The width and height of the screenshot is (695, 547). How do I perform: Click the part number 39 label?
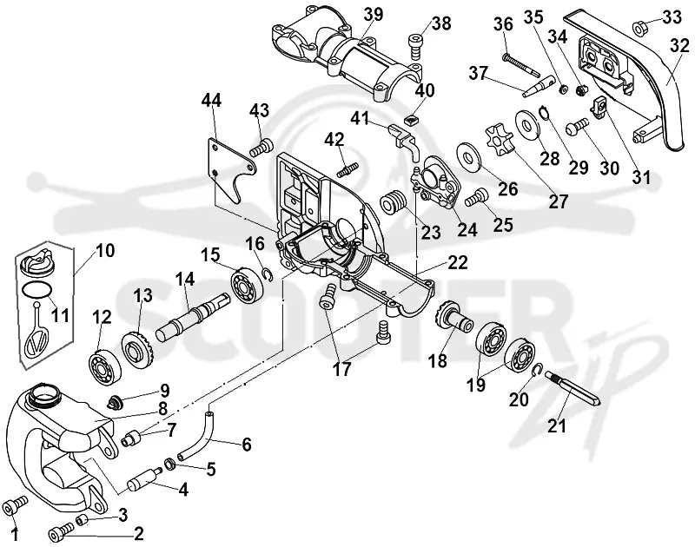[x=374, y=15]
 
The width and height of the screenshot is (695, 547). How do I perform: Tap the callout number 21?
[x=557, y=425]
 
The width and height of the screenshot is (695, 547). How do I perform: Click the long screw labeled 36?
[x=520, y=64]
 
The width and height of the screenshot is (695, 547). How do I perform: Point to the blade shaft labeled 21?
[x=573, y=387]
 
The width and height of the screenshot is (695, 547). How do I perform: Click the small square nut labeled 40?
[x=412, y=120]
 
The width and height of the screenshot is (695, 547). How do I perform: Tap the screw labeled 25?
[x=476, y=198]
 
